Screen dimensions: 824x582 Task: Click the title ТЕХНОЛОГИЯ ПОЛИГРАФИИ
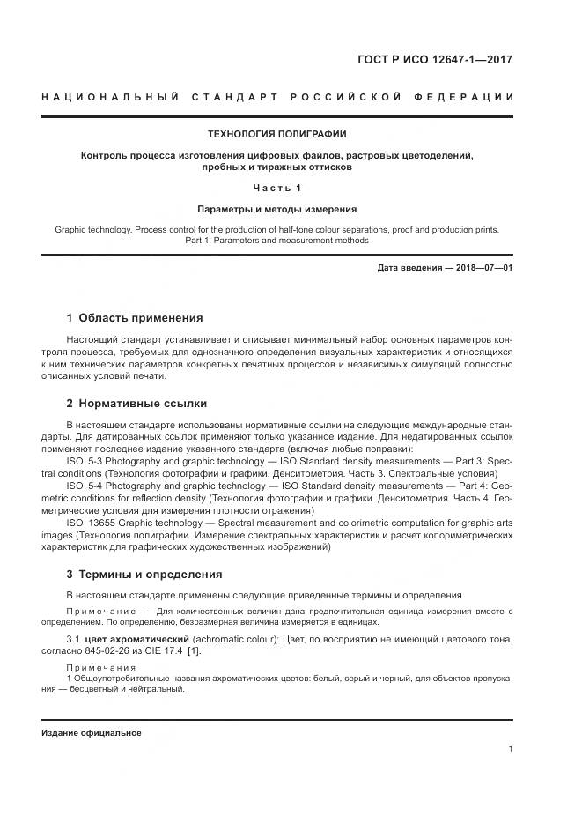pos(276,134)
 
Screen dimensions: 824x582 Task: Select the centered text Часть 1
pos(276,188)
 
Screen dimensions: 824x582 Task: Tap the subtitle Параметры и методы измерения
pos(276,210)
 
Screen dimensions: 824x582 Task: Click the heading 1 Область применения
pos(135,318)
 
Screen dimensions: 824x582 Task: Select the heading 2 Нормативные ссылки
pos(136,404)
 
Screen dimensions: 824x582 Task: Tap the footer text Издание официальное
pos(91,733)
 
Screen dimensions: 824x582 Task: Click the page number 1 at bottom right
pos(511,749)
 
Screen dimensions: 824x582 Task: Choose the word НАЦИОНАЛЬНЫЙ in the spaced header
pos(105,96)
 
